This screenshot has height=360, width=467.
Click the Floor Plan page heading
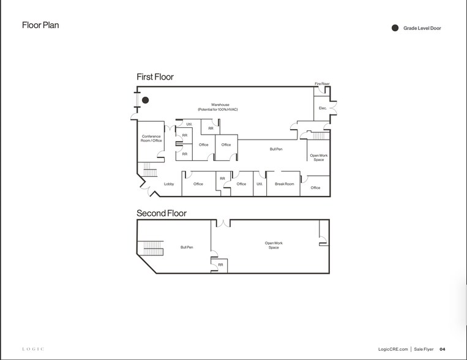tap(40, 25)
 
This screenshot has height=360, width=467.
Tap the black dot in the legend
tap(395, 28)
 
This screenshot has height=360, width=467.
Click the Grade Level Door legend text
tap(422, 28)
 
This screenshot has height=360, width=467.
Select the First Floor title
tap(155, 77)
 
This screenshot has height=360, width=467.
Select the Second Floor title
tap(162, 213)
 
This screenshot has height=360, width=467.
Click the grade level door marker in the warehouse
tap(145, 100)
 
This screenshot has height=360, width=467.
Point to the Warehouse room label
tap(218, 107)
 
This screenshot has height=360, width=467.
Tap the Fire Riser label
tap(322, 84)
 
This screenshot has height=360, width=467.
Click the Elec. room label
tap(323, 108)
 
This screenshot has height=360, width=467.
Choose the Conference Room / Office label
tap(151, 138)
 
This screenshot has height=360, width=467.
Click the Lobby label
tap(169, 184)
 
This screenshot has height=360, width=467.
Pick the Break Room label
tap(285, 184)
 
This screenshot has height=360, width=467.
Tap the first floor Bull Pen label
tap(276, 149)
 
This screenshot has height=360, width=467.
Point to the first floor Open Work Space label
tap(319, 157)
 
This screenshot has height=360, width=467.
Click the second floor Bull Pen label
tap(187, 247)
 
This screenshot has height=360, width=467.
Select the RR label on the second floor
tap(220, 264)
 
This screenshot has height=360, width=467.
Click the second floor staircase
tap(154, 248)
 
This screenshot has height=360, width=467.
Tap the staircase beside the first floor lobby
tap(150, 170)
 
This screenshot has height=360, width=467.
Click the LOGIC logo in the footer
tap(33, 349)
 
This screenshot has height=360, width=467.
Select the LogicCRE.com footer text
tap(393, 349)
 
